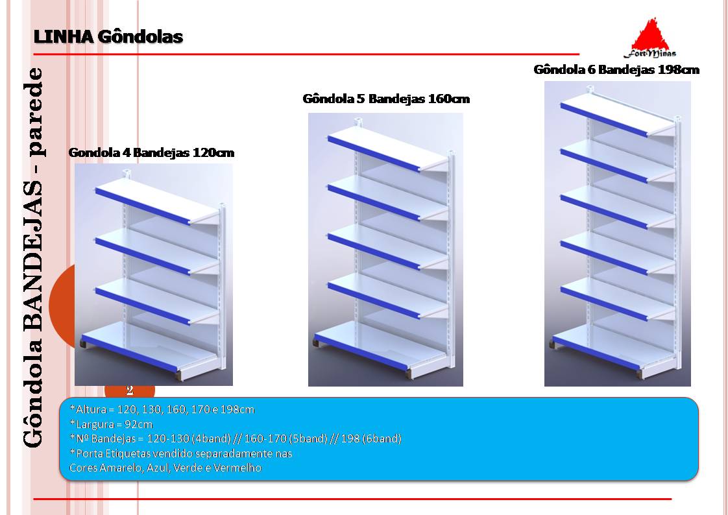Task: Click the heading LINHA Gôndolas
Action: [x=108, y=37]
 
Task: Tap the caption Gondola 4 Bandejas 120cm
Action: [x=151, y=152]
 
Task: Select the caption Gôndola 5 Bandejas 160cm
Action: [x=386, y=99]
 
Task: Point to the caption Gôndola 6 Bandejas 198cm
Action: [x=616, y=69]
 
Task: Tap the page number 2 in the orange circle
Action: [x=130, y=390]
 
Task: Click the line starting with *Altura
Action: [x=162, y=410]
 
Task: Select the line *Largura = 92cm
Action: [x=111, y=424]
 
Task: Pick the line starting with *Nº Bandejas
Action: [x=236, y=438]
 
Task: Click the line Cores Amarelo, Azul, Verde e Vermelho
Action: [x=165, y=468]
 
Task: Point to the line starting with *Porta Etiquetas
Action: [x=180, y=453]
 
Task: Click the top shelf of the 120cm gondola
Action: [x=158, y=201]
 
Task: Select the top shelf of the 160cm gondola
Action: [x=388, y=149]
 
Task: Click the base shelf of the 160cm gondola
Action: [x=381, y=346]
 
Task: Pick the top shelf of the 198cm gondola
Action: [x=618, y=115]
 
